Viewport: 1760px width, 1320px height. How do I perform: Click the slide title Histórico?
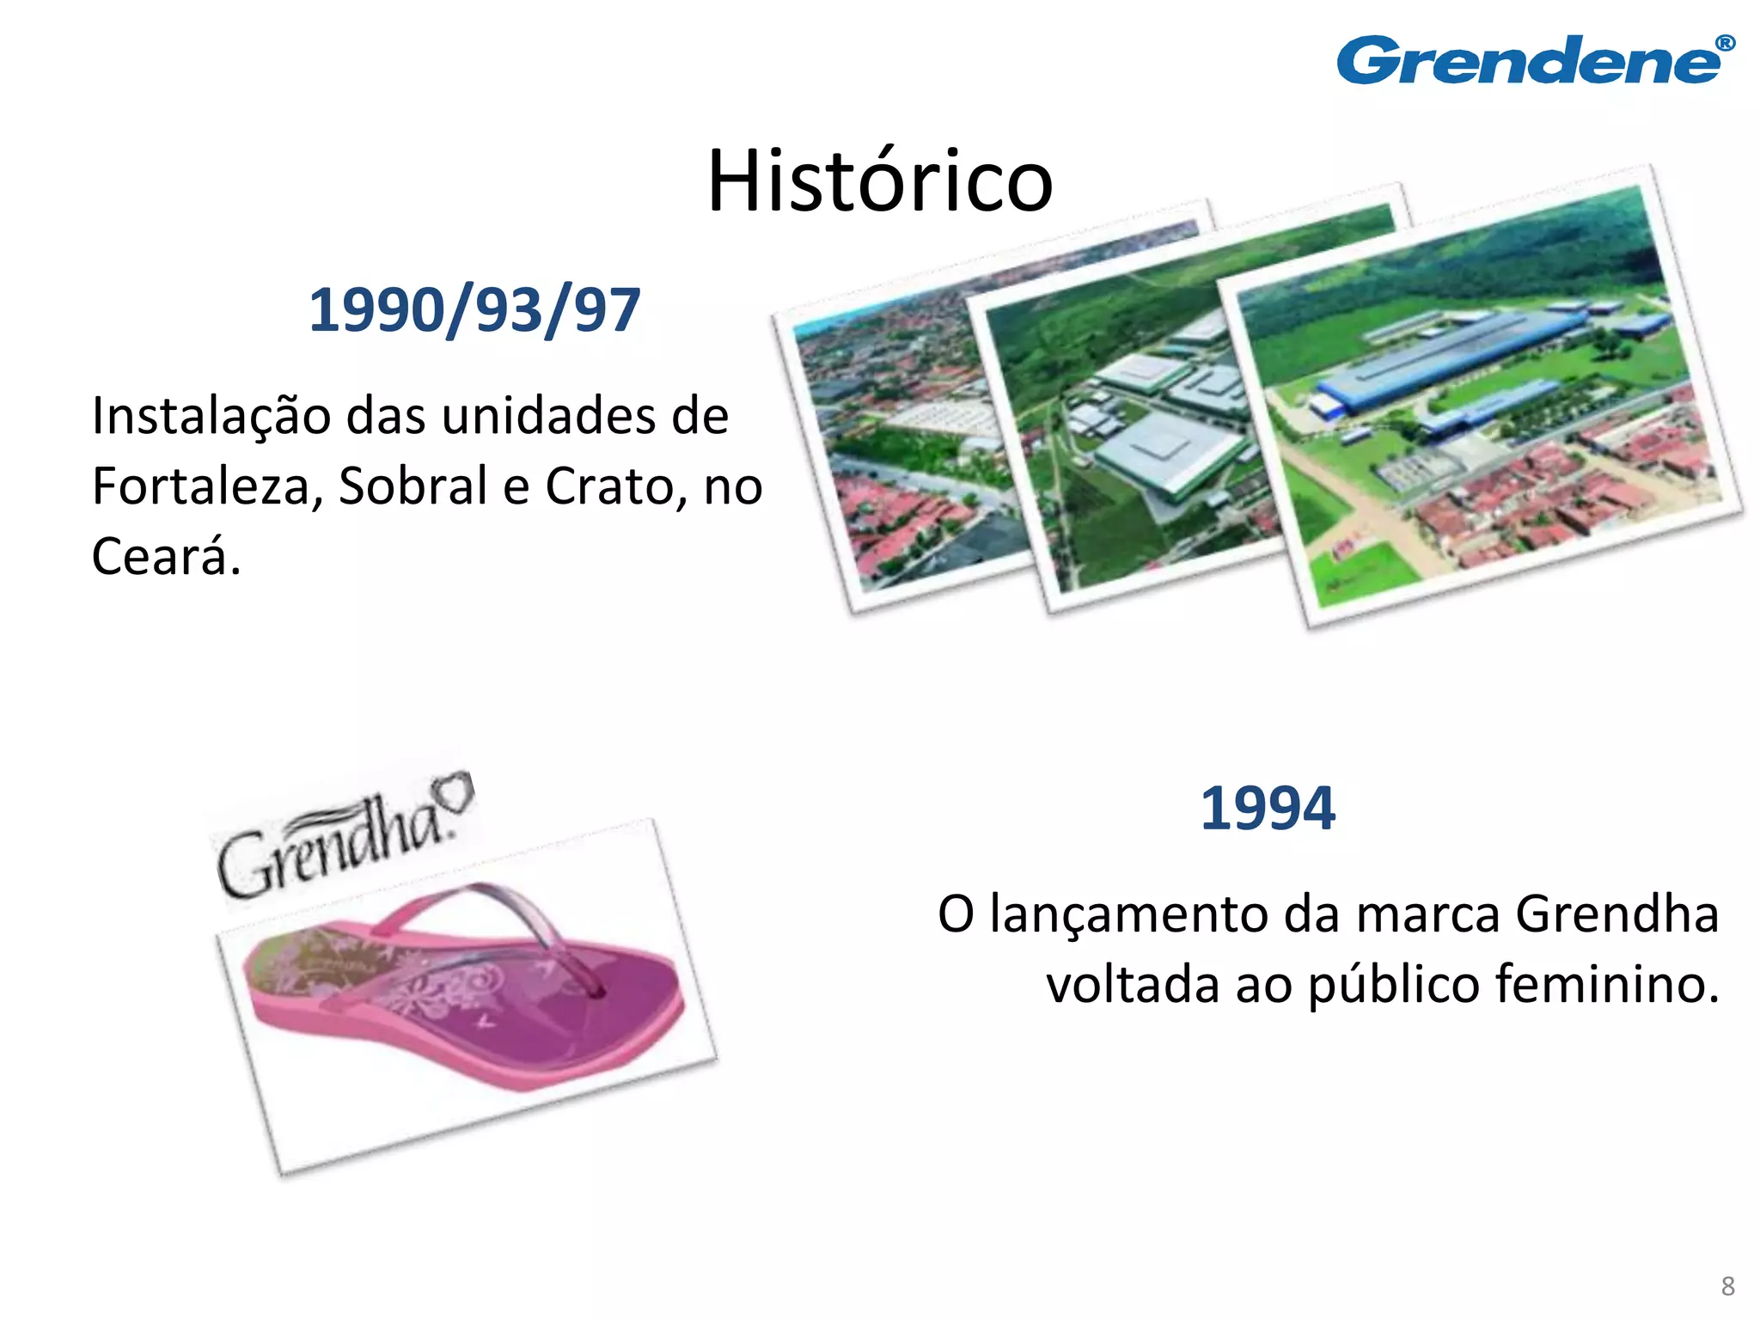click(x=879, y=181)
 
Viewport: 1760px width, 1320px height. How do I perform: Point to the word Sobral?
click(x=413, y=486)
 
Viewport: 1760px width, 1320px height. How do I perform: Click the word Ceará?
click(x=165, y=557)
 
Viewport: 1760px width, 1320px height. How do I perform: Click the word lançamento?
click(x=1129, y=914)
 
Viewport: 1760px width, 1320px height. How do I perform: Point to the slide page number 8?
click(x=1727, y=1286)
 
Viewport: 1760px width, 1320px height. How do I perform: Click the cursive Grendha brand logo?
click(x=331, y=846)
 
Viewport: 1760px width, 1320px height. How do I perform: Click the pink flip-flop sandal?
click(x=464, y=988)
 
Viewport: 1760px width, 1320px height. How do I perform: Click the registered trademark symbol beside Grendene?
click(x=1724, y=44)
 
